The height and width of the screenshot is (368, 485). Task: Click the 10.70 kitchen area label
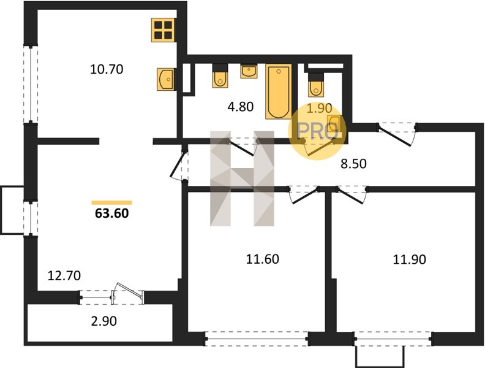tap(107, 69)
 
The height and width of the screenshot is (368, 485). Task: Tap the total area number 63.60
tap(112, 213)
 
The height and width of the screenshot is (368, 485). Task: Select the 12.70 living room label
tap(64, 275)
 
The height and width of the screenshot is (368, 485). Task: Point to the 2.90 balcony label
tap(104, 321)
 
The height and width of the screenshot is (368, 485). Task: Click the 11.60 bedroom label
tap(263, 259)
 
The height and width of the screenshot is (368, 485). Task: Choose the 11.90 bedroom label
tap(410, 259)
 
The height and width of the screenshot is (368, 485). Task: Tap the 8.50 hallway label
tap(353, 164)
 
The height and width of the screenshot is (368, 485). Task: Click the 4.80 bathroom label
tap(241, 107)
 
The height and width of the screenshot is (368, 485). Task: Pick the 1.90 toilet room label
tap(320, 109)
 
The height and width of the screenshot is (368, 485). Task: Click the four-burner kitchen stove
tap(164, 30)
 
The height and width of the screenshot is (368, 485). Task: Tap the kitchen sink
tap(165, 80)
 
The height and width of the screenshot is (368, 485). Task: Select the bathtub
tap(279, 91)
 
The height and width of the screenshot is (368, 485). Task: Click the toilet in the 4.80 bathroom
tap(220, 76)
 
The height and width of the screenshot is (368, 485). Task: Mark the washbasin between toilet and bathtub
tap(249, 71)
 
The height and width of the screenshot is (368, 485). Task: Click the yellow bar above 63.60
tap(112, 202)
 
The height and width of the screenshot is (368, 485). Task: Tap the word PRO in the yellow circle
tap(316, 131)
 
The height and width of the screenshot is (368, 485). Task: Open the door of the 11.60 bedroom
tap(304, 195)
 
